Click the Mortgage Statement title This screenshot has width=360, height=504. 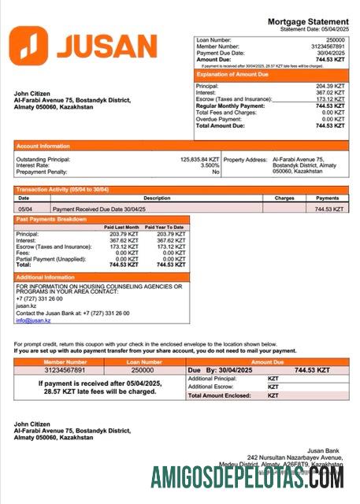click(307, 21)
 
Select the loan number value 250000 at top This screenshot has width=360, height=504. click(335, 39)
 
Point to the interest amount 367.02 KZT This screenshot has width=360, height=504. click(329, 93)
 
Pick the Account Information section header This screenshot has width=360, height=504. click(43, 146)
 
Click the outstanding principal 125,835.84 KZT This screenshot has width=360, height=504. click(199, 159)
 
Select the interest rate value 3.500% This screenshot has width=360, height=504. click(209, 165)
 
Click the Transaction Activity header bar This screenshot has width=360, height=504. click(63, 190)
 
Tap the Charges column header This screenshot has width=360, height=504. click(284, 198)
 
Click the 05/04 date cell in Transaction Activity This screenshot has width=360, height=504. click(25, 209)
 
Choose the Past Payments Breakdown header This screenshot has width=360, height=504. click(52, 219)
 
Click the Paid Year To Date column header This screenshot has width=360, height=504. click(165, 227)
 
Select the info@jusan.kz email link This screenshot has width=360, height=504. click(33, 321)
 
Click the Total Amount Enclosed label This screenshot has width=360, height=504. click(221, 395)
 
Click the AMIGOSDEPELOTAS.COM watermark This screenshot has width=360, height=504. click(247, 476)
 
